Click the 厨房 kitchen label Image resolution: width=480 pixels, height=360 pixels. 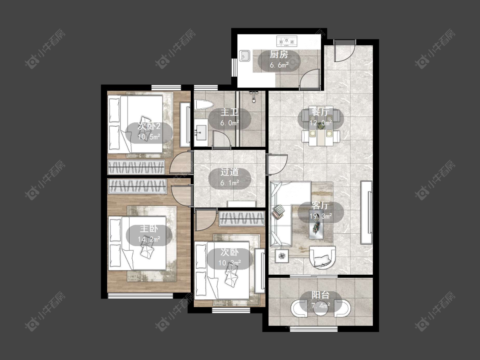(279, 55)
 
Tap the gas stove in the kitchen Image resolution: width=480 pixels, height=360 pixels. (287, 41)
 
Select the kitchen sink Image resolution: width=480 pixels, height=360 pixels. (244, 56)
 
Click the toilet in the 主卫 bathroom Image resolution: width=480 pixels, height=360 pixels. (203, 105)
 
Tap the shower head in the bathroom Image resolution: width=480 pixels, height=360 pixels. (254, 96)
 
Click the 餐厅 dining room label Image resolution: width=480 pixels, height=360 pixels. (320, 112)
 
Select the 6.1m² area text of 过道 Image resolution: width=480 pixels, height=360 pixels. (230, 183)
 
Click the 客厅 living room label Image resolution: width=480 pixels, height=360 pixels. (320, 206)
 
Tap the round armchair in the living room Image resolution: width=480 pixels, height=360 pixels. (323, 258)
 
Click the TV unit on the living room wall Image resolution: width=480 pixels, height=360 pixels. (366, 212)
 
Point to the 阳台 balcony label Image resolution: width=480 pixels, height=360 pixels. (320, 296)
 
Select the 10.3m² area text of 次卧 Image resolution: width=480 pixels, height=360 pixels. (230, 263)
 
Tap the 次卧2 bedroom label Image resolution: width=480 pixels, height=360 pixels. (149, 126)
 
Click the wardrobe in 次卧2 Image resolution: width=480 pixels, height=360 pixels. (137, 167)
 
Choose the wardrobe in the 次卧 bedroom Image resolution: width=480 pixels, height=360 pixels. (242, 218)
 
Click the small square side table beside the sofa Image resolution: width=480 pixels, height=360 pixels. (282, 255)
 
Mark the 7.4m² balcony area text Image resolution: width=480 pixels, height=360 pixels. (320, 305)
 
